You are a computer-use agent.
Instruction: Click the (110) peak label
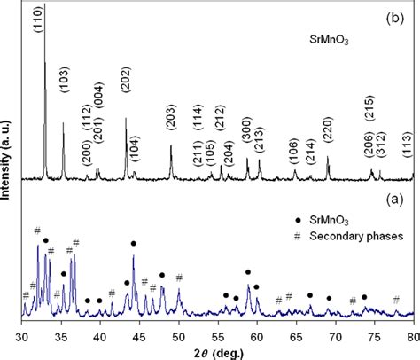pos(38,20)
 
